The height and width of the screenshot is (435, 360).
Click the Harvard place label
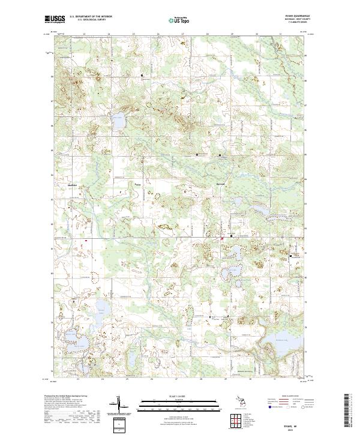[220, 184]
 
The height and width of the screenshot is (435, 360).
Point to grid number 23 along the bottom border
[79, 379]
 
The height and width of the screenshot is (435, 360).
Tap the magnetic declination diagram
[119, 407]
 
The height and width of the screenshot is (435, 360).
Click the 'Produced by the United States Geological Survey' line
[66, 397]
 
